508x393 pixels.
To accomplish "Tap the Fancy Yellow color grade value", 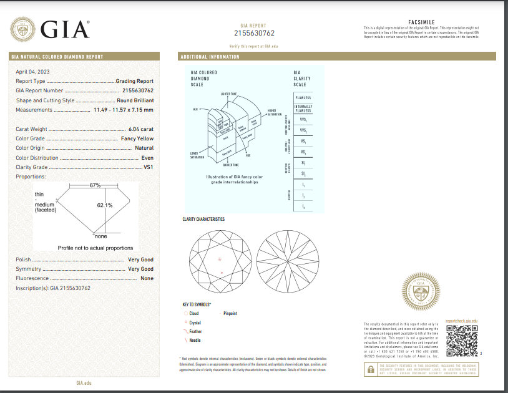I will [137, 138].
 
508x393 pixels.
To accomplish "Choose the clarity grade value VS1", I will [148, 167].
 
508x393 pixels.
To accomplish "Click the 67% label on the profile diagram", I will [95, 185].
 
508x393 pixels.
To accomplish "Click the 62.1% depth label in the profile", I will [104, 205].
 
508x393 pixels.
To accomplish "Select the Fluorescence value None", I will [147, 278].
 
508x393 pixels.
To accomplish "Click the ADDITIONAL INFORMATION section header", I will [210, 57].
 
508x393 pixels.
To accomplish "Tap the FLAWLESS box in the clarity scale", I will [303, 98].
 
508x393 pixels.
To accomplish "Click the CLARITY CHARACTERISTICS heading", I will [203, 219].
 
